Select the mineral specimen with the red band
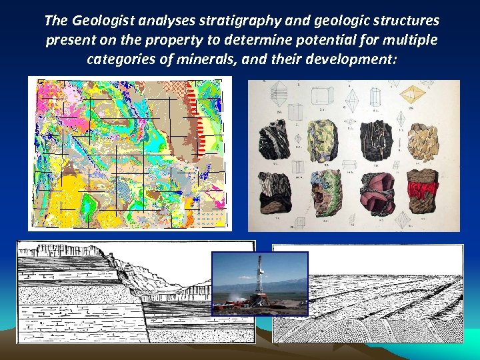pyautogui.click(x=422, y=189)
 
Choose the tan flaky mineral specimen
pyautogui.click(x=423, y=141)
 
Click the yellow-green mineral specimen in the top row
pyautogui.click(x=323, y=139)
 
